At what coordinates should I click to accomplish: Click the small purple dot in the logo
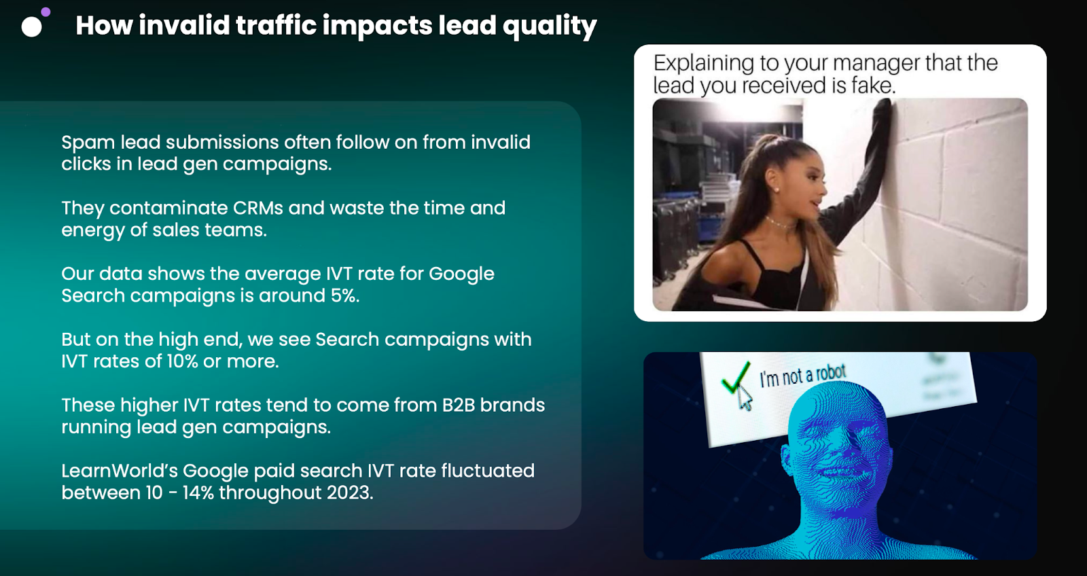46,12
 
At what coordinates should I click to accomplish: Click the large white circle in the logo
31,27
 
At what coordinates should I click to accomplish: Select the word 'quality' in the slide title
550,26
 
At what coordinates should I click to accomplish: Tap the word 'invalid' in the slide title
184,24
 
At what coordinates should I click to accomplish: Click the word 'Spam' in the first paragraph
88,143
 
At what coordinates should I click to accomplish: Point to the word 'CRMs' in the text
257,208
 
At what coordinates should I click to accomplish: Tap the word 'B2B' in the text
458,406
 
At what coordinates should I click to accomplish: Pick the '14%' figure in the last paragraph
198,493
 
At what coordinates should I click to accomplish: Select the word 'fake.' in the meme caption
873,86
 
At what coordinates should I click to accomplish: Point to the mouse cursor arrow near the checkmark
745,399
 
